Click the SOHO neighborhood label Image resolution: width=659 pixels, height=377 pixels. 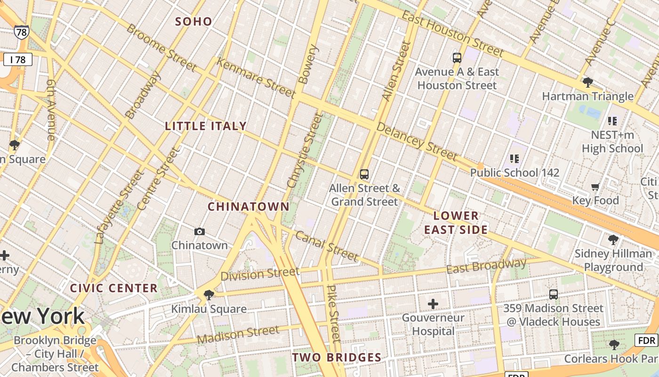(193, 21)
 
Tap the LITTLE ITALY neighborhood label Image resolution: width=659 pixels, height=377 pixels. (206, 126)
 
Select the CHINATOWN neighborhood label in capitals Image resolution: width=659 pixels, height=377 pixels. (249, 206)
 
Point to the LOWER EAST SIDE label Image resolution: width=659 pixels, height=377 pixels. (456, 223)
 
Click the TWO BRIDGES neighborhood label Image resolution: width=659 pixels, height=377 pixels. (337, 357)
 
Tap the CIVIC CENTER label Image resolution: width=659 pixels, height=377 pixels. (113, 288)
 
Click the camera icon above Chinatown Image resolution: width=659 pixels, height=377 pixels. (200, 231)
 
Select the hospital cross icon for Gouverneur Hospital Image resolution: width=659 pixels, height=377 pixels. (433, 304)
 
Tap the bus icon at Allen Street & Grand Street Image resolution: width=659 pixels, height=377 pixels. (364, 174)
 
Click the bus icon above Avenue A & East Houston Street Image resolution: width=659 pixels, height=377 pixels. (457, 58)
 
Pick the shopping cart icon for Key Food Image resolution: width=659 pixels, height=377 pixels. (595, 187)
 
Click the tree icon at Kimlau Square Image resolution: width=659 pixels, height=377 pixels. (209, 295)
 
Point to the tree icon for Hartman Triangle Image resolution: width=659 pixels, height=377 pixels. (587, 83)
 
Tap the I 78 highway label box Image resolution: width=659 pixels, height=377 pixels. (18, 59)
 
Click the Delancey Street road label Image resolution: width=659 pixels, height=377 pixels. (417, 141)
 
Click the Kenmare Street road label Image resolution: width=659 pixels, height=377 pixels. (257, 78)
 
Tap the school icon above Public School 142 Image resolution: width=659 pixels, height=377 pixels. (514, 159)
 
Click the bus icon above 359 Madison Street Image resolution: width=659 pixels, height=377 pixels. (554, 295)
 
